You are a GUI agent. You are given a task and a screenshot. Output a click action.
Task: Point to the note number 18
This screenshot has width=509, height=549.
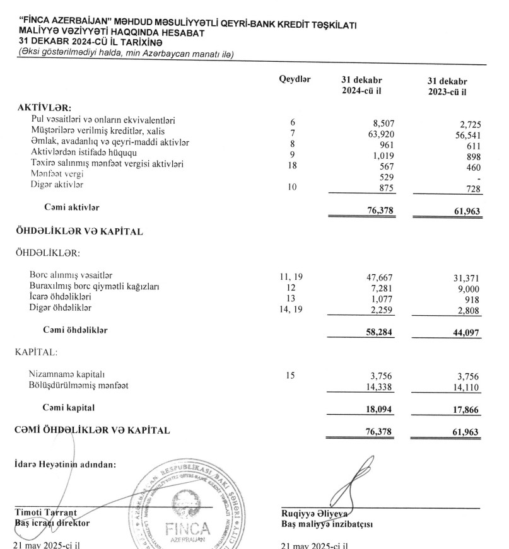[292, 165]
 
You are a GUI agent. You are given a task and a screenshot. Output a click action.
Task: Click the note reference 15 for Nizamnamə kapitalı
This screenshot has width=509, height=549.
[290, 376]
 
